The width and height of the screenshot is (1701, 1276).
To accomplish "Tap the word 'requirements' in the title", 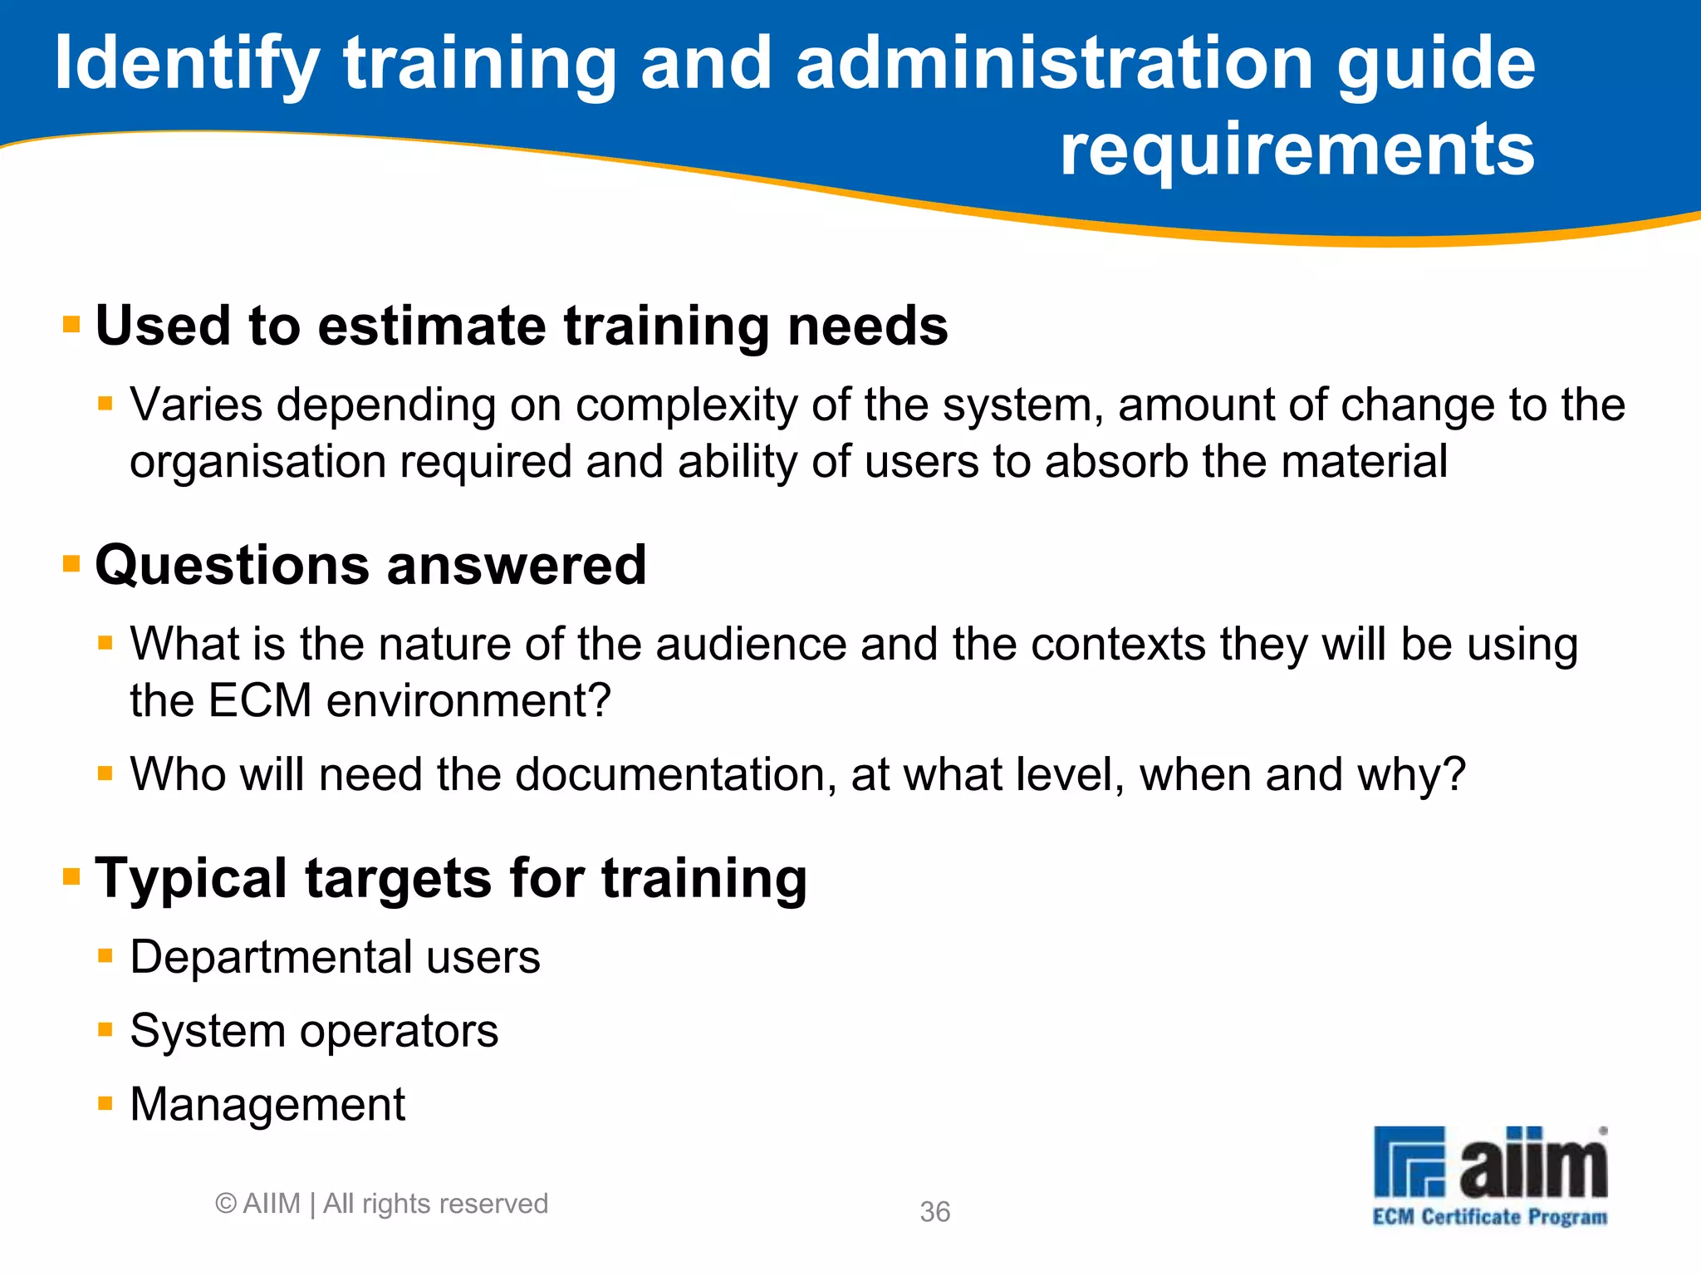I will coord(1297,150).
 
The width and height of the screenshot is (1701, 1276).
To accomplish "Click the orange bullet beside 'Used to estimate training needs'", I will coord(71,323).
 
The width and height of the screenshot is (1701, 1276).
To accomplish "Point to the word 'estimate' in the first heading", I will coord(431,325).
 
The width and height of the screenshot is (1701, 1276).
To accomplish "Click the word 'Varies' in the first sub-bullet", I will coord(197,405).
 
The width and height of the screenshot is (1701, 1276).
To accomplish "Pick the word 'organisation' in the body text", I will coord(258,462).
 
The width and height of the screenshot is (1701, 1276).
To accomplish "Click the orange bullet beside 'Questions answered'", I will coord(71,564).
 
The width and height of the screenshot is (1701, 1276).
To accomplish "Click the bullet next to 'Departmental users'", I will coord(105,956).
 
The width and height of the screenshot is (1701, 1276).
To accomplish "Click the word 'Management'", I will coord(267,1105).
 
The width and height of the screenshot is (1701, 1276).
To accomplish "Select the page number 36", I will coord(934,1212).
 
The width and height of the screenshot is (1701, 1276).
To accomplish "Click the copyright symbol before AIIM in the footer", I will coord(226,1203).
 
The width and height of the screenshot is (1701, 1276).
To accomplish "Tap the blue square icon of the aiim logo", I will coord(1409,1161).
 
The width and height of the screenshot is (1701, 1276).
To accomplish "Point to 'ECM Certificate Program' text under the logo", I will coord(1489,1217).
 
